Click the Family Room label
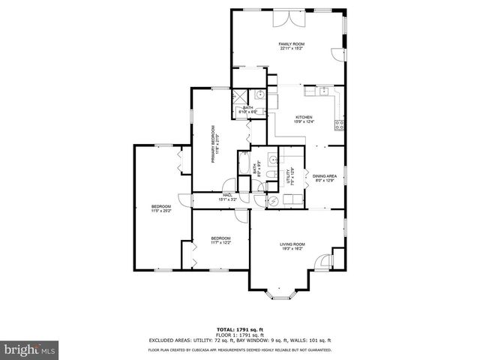pyautogui.click(x=290, y=46)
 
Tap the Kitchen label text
pyautogui.click(x=303, y=120)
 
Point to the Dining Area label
pyautogui.click(x=324, y=178)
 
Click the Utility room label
pyautogui.click(x=287, y=178)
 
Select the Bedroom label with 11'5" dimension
pyautogui.click(x=161, y=209)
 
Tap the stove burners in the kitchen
pyautogui.click(x=339, y=123)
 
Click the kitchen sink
pyautogui.click(x=324, y=92)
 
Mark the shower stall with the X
pyautogui.click(x=241, y=96)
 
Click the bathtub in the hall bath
pyautogui.click(x=244, y=163)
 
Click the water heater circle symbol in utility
pyautogui.click(x=271, y=200)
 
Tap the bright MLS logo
pyautogui.click(x=29, y=349)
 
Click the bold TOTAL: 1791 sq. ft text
pyautogui.click(x=239, y=329)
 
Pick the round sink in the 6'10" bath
pyautogui.click(x=259, y=95)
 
